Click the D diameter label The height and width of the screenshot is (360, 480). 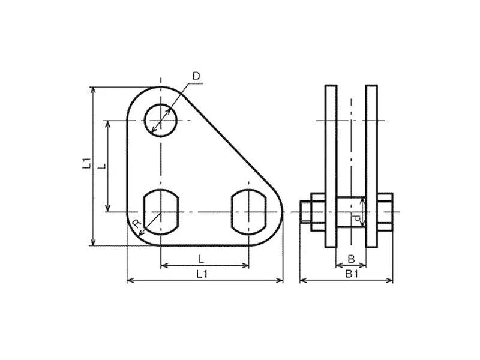coord(196,76)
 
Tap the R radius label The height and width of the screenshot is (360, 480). coord(137,224)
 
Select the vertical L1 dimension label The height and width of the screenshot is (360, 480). coord(87,163)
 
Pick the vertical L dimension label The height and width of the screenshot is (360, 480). coord(103,166)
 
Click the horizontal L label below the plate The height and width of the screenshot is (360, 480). coord(201,259)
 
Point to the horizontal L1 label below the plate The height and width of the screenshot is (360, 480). coord(202,274)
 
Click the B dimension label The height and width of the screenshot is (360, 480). coord(351,259)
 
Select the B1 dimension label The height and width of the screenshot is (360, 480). coord(352,274)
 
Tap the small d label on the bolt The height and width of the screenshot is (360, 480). coord(356,218)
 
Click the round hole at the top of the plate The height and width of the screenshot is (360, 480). coord(161,121)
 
